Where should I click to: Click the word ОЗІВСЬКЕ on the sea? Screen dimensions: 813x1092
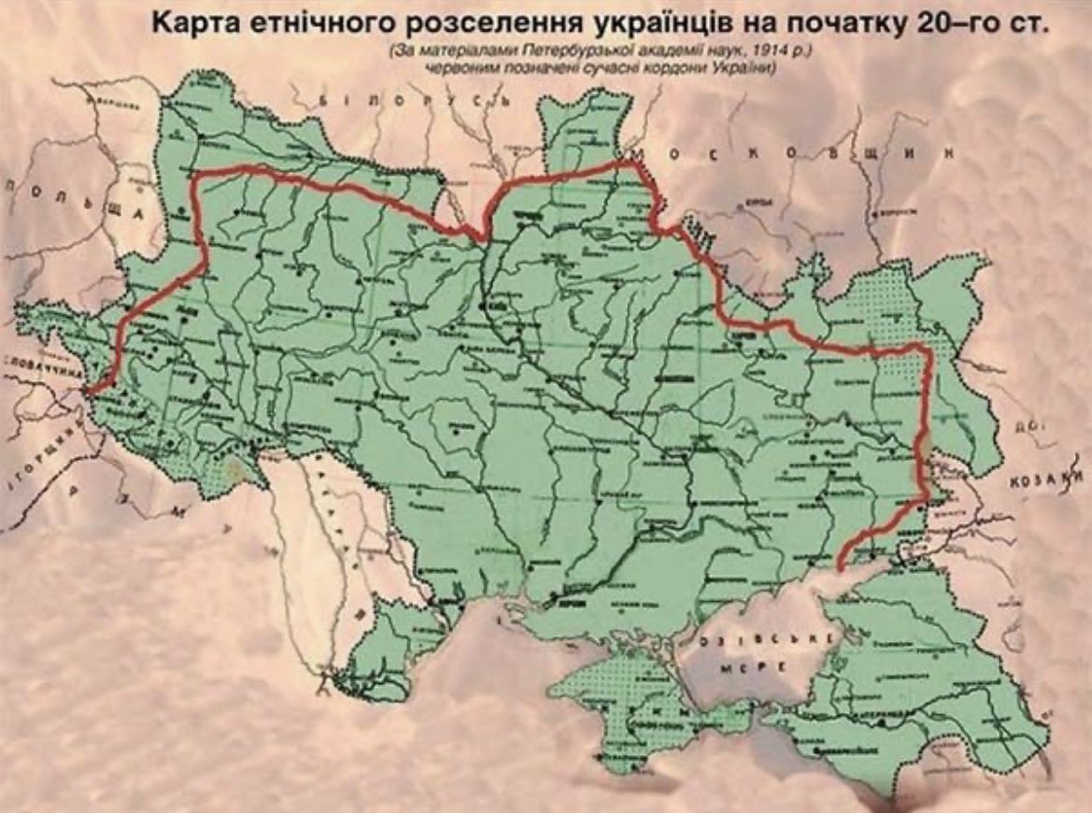[768, 641]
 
